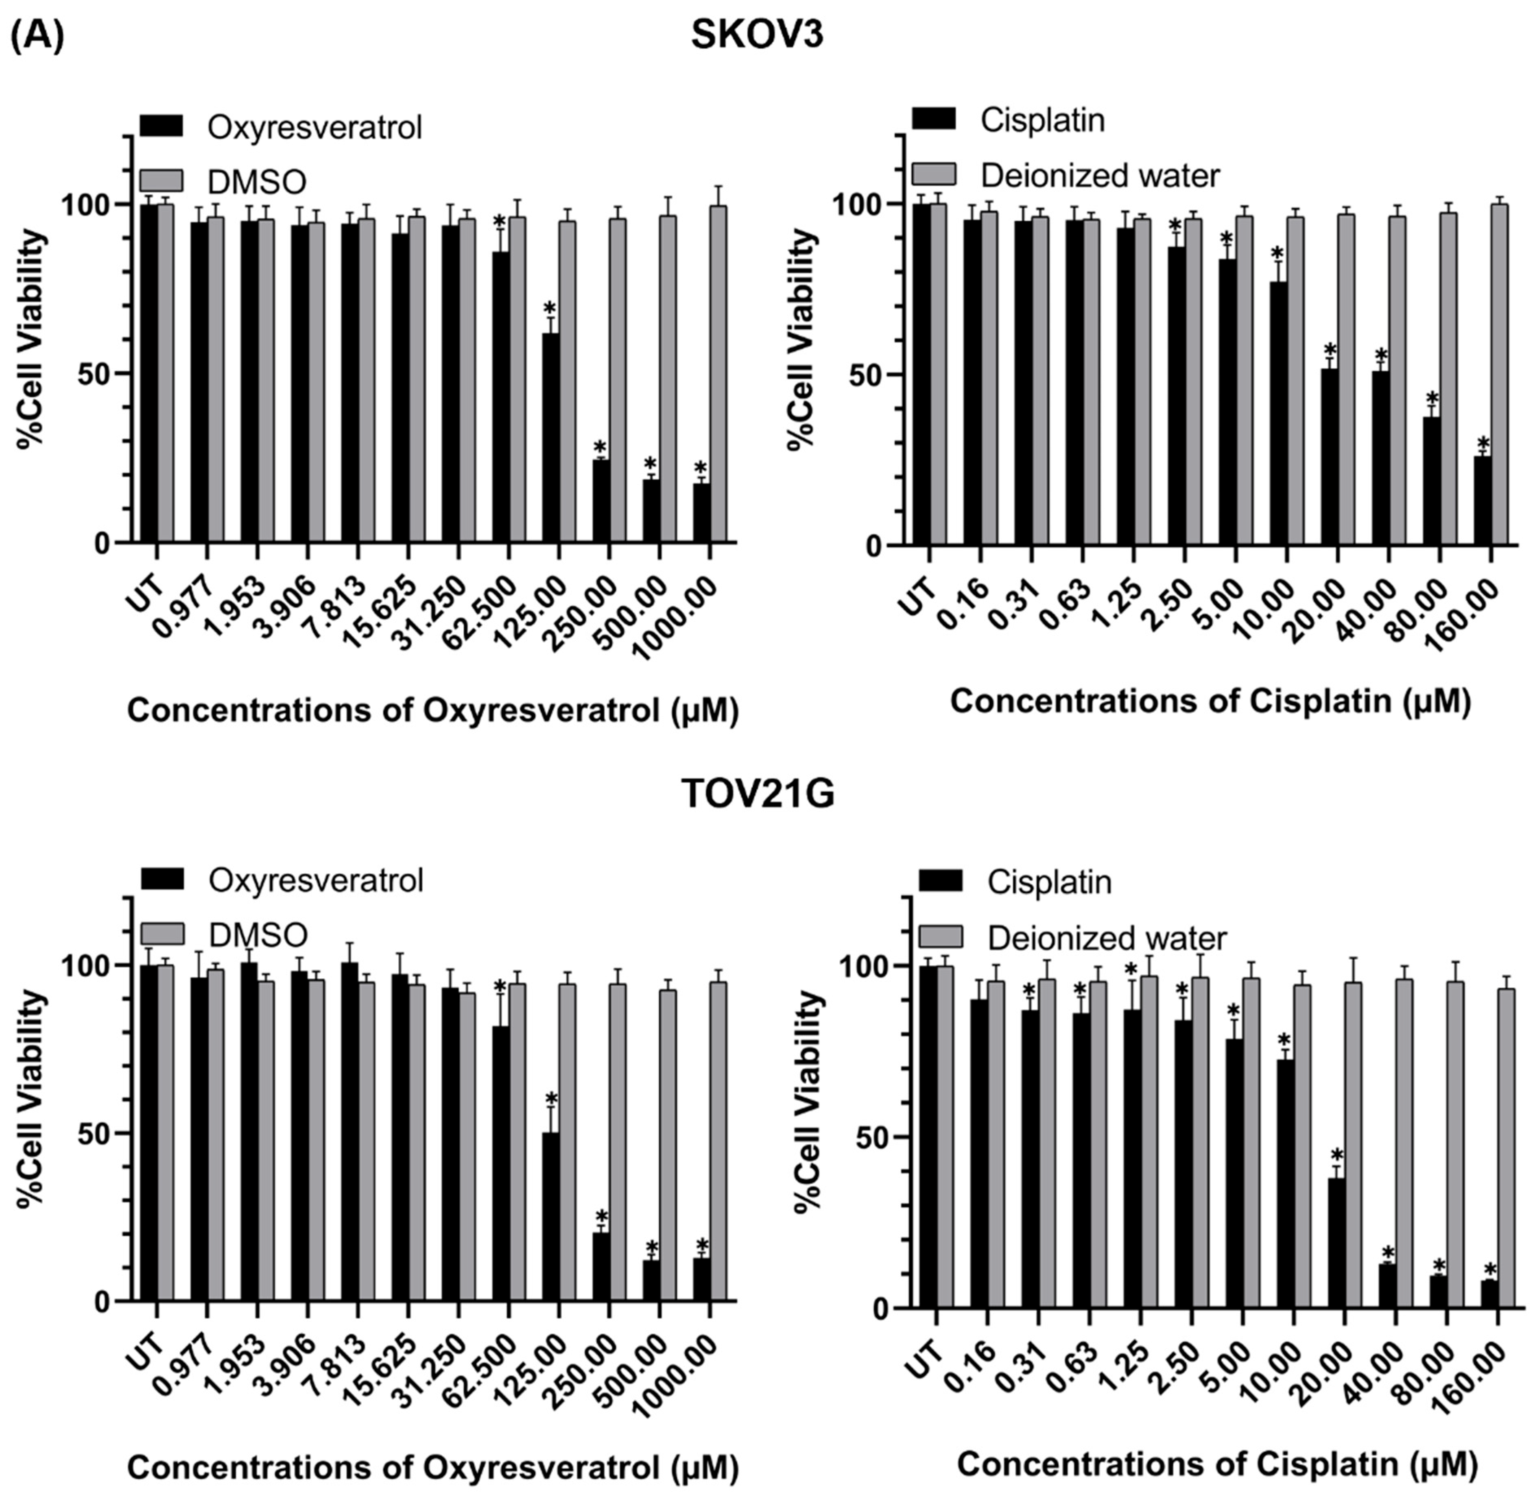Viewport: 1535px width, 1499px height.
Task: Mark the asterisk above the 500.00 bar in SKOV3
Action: click(x=651, y=463)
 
